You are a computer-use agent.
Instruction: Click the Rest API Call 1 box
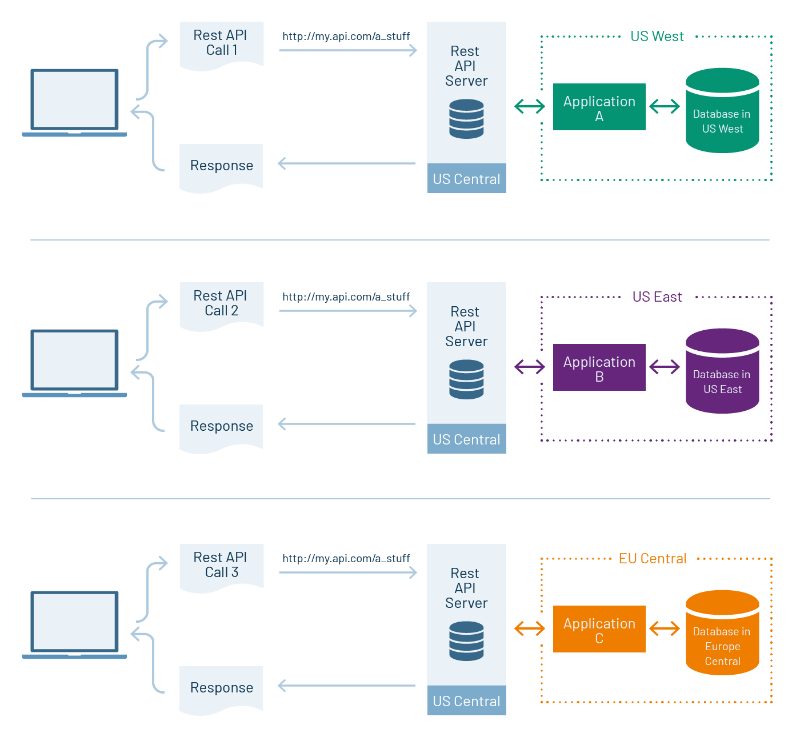click(221, 44)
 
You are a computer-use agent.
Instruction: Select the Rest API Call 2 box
click(221, 305)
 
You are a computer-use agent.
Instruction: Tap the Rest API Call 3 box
click(221, 566)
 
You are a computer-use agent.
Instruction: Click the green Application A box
click(599, 107)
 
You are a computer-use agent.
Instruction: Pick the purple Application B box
click(599, 367)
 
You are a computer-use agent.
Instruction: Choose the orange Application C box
click(599, 629)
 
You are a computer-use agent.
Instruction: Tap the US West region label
click(657, 37)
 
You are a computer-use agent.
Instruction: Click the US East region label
click(657, 297)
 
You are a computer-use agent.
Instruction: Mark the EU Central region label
click(652, 559)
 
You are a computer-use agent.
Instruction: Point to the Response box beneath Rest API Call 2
click(221, 427)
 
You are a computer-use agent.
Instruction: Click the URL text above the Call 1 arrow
click(346, 37)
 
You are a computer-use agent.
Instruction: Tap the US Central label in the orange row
click(466, 701)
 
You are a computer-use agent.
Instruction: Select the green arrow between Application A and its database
click(665, 106)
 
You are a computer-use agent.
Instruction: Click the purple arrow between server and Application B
click(530, 367)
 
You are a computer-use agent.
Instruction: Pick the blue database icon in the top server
click(466, 119)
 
